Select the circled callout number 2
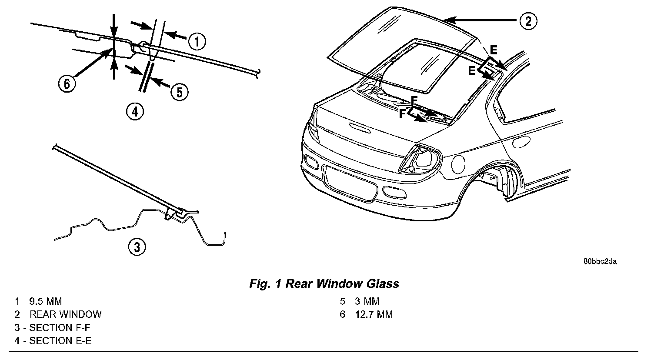[x=527, y=21]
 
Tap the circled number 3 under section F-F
[x=137, y=247]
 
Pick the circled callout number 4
[x=135, y=112]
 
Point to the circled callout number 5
[x=179, y=91]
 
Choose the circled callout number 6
[x=67, y=83]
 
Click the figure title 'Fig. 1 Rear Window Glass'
[x=324, y=284]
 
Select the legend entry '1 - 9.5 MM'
[x=38, y=301]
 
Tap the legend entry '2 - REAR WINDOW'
[x=58, y=314]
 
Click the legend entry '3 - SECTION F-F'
[x=53, y=327]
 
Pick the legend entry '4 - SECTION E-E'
[x=53, y=340]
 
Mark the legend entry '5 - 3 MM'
[x=360, y=301]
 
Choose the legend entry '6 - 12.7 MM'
[x=367, y=314]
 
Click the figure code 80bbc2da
[x=600, y=261]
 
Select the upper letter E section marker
[x=494, y=50]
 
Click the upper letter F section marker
[x=414, y=101]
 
